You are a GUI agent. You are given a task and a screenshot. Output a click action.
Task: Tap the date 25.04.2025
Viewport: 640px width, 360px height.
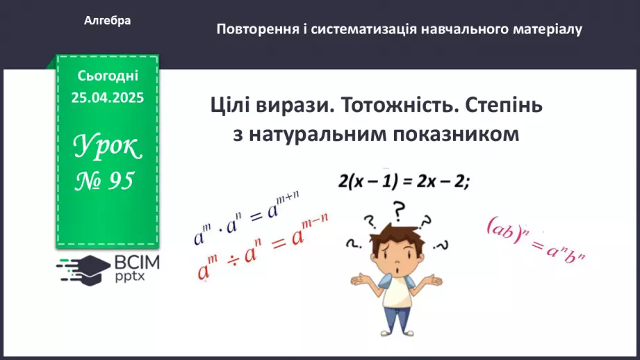point(108,98)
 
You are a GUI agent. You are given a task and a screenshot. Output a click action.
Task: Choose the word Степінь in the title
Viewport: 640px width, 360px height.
point(502,106)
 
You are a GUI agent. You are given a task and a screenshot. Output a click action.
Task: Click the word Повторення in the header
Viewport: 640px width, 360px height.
point(256,29)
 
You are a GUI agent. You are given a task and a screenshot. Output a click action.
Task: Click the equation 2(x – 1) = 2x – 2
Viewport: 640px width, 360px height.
point(404,182)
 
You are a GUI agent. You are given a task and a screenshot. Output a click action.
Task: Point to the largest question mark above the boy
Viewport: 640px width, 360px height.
point(398,209)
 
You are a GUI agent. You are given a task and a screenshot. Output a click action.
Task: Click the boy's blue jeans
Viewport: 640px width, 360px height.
point(394,320)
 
